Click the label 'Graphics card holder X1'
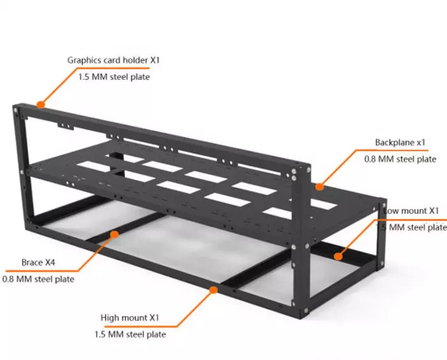[113, 60]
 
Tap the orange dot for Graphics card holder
[41, 104]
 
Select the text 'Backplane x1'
[400, 142]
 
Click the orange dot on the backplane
[319, 186]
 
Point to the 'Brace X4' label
[38, 262]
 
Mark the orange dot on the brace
[114, 234]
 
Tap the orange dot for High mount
[212, 290]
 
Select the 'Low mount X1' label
[412, 210]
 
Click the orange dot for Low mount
[338, 257]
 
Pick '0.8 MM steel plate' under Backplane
[400, 159]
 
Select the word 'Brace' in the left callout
[31, 262]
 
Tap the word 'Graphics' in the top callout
[84, 60]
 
